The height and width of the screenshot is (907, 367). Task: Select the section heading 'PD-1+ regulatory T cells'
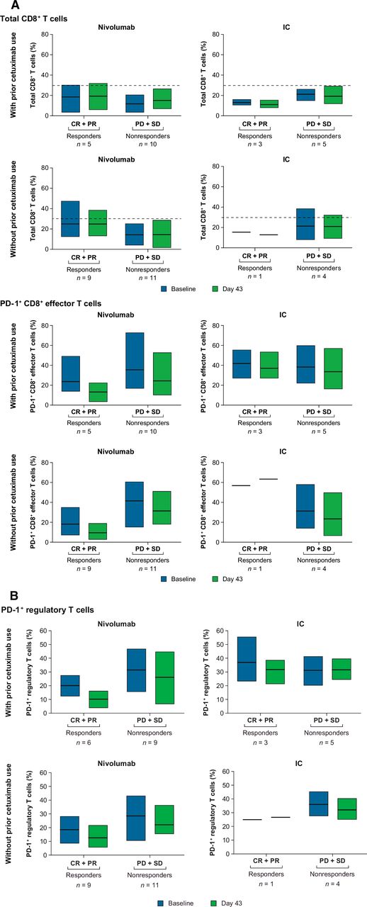coord(47,610)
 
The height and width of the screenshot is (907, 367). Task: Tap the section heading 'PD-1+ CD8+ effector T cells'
coord(51,303)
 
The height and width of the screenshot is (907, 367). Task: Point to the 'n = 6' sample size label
coord(84,742)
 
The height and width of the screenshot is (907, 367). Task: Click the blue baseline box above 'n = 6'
coord(70,685)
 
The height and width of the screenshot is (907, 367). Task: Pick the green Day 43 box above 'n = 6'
coord(98,699)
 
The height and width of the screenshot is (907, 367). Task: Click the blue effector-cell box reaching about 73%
coord(135,361)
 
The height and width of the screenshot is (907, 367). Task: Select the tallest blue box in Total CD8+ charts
coord(70,219)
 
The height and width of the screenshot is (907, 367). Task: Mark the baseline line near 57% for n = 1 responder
coord(241,485)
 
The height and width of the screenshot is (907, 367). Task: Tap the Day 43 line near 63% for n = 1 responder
coord(269,479)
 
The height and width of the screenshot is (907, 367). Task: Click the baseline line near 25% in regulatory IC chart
coord(252,820)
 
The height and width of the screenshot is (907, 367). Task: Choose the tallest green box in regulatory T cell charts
coord(165,678)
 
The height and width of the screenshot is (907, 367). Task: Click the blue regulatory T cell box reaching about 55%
coord(247,659)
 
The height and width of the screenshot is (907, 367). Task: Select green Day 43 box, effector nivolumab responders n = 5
coord(98,392)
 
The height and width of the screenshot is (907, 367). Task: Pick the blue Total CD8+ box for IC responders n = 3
coord(242,102)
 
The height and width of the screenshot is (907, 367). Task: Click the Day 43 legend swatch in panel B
coord(215,903)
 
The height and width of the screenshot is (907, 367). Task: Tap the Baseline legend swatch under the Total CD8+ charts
coord(164,288)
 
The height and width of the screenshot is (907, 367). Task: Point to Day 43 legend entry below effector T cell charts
coord(227,579)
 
